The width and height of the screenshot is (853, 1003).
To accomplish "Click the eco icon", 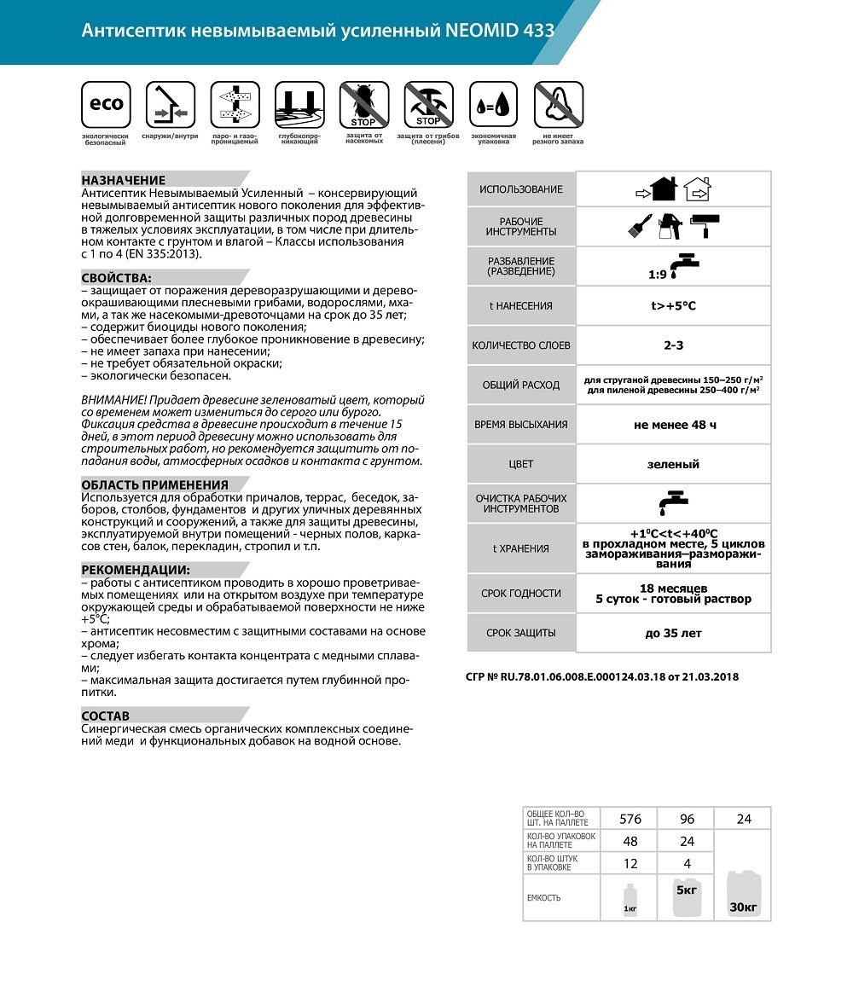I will [x=106, y=105].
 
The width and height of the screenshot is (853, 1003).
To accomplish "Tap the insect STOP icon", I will [x=364, y=105].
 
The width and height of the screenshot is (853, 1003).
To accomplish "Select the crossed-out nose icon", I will [x=558, y=105].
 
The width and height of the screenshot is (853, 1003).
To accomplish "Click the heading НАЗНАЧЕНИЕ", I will [x=124, y=180].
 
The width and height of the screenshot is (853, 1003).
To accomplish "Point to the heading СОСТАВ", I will [x=106, y=716].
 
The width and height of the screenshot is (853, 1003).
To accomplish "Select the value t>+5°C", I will [x=673, y=305].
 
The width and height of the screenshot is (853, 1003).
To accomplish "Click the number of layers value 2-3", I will [x=673, y=345].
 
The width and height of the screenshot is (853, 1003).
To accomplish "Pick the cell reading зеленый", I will [x=673, y=464].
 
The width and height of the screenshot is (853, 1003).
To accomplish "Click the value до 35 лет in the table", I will [x=673, y=633].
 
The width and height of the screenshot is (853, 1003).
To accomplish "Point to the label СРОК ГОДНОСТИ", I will [x=521, y=593].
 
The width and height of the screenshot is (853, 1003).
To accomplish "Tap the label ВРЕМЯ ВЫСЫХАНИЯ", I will [x=521, y=425].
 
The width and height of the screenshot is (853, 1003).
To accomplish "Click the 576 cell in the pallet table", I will [x=630, y=819].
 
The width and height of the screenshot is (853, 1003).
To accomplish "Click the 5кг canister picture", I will [x=687, y=897].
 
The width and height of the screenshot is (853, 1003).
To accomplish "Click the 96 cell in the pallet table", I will [x=687, y=819].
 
